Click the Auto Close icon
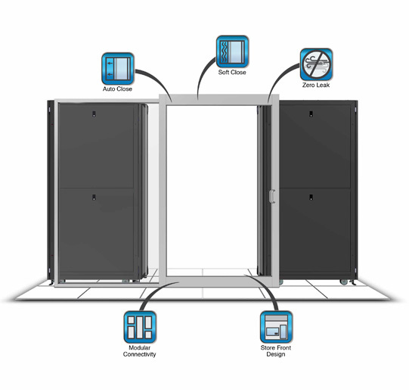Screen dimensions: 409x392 click(x=118, y=69)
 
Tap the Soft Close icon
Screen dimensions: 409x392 click(x=232, y=51)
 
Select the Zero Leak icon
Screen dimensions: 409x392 click(x=316, y=64)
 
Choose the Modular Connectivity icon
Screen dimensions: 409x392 click(x=140, y=327)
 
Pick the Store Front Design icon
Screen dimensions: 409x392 click(x=276, y=327)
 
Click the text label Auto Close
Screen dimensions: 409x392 click(x=117, y=89)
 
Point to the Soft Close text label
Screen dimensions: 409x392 click(x=232, y=73)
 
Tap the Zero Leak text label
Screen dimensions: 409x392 click(x=316, y=86)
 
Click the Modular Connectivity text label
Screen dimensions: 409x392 click(x=140, y=351)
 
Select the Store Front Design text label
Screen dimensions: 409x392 click(x=276, y=351)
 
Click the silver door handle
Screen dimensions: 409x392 click(x=272, y=196)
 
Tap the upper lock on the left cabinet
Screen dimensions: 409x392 click(x=94, y=114)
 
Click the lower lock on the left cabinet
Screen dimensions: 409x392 click(x=94, y=198)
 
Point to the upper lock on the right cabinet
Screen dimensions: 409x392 click(x=311, y=114)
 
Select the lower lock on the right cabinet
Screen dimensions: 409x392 click(x=311, y=198)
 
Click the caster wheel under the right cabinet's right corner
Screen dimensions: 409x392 click(x=344, y=282)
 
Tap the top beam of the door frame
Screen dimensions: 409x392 click(x=218, y=101)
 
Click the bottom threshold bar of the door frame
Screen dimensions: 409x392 click(x=218, y=282)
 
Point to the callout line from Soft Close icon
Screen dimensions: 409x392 click(x=203, y=76)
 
